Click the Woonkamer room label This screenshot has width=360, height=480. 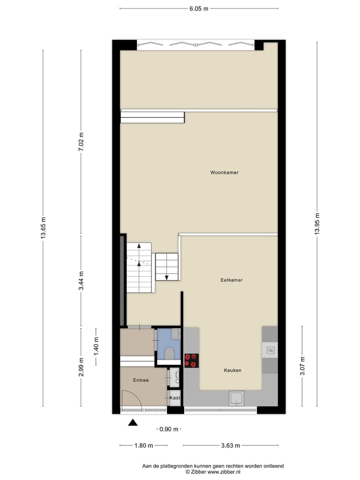click(x=224, y=172)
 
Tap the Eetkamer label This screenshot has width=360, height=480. click(x=231, y=280)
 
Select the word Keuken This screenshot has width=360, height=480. click(x=232, y=370)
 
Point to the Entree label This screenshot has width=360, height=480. click(x=140, y=380)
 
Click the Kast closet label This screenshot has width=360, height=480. click(x=174, y=398)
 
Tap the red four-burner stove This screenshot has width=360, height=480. click(x=191, y=360)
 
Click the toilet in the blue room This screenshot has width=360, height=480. click(x=169, y=353)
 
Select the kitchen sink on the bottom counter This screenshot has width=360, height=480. click(x=236, y=398)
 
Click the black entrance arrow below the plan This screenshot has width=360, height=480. click(x=132, y=422)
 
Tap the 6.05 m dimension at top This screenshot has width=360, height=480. click(x=198, y=8)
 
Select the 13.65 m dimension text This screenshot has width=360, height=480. click(x=43, y=227)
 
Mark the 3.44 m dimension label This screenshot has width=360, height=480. click(x=81, y=280)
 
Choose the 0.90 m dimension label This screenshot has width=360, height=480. click(x=168, y=429)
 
